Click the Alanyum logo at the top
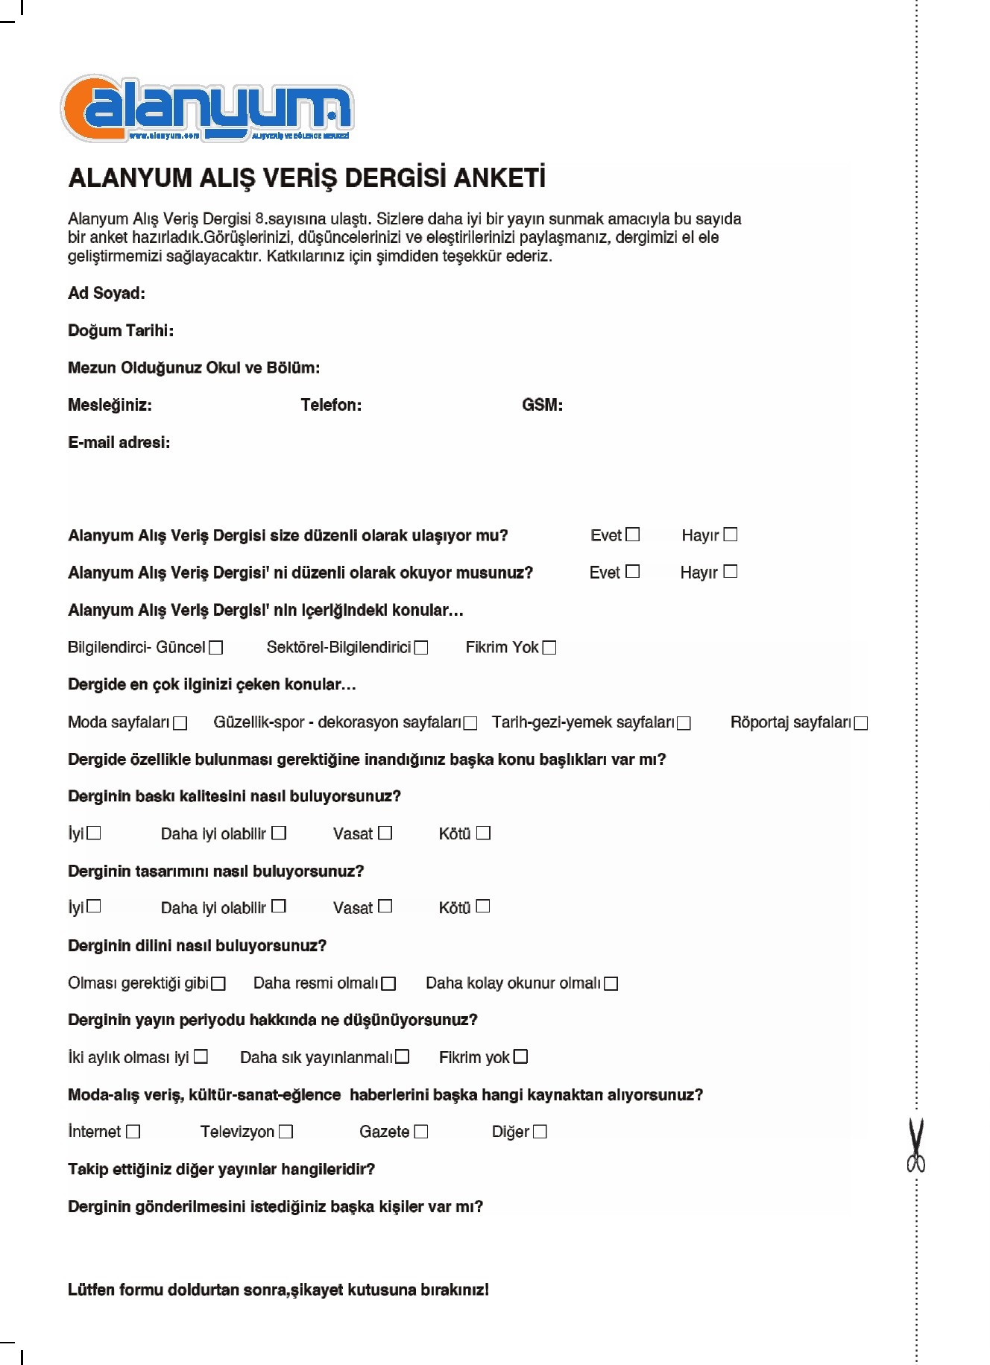(x=206, y=109)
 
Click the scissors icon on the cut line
(x=915, y=1145)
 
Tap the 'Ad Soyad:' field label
(x=107, y=293)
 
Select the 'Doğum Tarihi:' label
(x=121, y=330)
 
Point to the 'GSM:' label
(x=542, y=405)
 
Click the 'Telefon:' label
(x=331, y=405)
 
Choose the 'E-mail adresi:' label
(x=119, y=442)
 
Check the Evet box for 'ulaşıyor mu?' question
(x=633, y=535)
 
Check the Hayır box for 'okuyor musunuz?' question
(x=731, y=571)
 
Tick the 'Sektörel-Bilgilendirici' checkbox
(x=421, y=647)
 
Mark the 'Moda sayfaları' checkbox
(x=180, y=722)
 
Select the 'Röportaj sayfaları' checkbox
(x=861, y=722)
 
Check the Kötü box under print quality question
(x=484, y=833)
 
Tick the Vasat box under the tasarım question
(x=385, y=907)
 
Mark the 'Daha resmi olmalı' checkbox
(x=388, y=983)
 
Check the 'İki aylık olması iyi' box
(x=201, y=1056)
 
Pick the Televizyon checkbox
(x=286, y=1132)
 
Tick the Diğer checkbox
(x=540, y=1132)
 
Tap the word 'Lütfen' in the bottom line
(x=91, y=1290)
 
